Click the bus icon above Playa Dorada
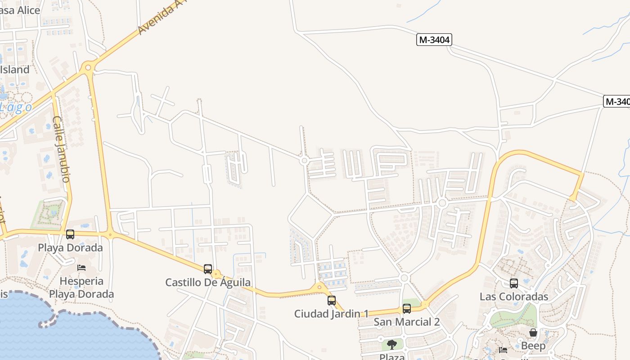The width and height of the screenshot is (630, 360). tap(70, 234)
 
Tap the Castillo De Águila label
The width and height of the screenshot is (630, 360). tap(208, 283)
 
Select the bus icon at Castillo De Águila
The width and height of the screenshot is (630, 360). tap(208, 269)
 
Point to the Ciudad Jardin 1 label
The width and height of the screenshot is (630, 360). tap(331, 314)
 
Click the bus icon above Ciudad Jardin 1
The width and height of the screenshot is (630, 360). tap(332, 300)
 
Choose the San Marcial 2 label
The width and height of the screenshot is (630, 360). tap(406, 322)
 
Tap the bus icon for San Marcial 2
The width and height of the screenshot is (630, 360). tap(407, 309)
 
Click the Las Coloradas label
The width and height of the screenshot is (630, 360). tap(514, 297)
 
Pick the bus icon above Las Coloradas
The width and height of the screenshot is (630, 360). tap(514, 283)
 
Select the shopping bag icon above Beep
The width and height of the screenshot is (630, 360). tap(533, 333)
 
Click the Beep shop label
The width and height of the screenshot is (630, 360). tap(533, 346)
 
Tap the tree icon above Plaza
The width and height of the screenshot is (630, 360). tap(392, 345)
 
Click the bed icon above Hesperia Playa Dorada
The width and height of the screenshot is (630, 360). tap(81, 268)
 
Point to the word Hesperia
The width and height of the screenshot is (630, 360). tap(81, 281)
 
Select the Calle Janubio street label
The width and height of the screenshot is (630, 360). tap(61, 149)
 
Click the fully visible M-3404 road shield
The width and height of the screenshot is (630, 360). tap(434, 40)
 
